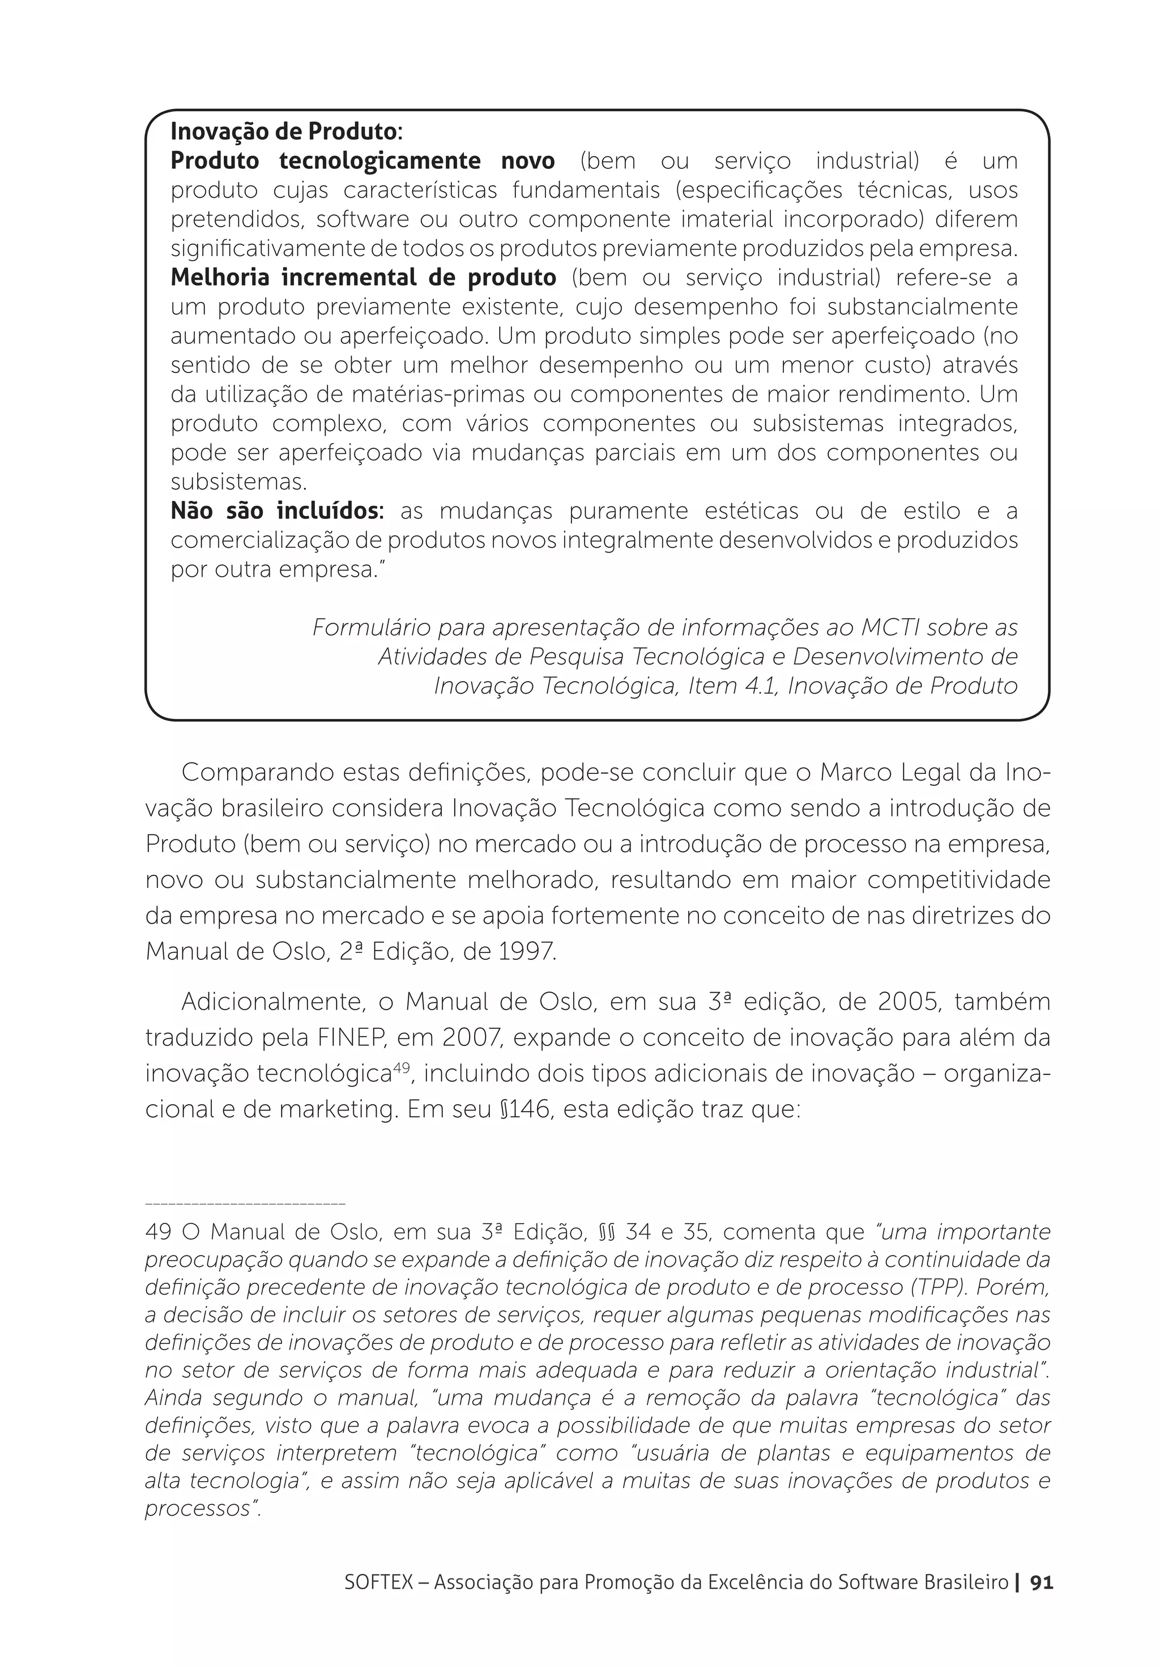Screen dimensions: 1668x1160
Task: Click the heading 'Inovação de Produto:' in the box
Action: [285, 131]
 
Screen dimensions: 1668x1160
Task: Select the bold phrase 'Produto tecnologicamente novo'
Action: [362, 160]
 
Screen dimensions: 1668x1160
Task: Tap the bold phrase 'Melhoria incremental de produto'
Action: [362, 278]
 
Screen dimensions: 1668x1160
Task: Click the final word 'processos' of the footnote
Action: [198, 1508]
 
